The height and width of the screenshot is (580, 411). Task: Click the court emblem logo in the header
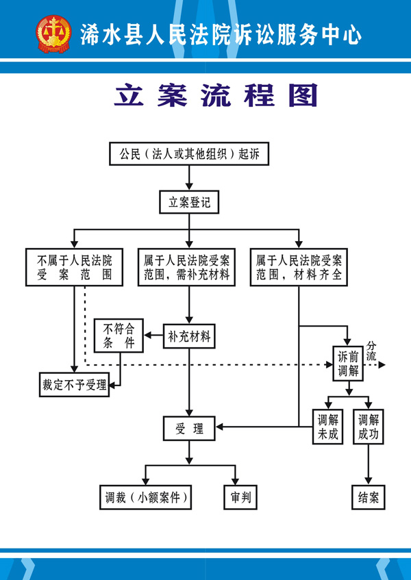pos(53,34)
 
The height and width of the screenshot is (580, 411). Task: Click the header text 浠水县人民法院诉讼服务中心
pos(221,34)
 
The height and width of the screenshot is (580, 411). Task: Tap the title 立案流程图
pos(216,96)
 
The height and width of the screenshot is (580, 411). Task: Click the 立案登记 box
pos(189,203)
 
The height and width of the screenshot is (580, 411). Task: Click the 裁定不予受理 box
pos(74,384)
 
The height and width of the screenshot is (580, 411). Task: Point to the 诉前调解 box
pos(349,364)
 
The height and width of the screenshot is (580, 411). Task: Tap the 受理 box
pos(189,429)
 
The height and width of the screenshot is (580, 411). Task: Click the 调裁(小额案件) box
pos(143,498)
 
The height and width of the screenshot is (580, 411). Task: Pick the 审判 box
pos(240,498)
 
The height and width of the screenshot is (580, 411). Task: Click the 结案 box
pos(369,498)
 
